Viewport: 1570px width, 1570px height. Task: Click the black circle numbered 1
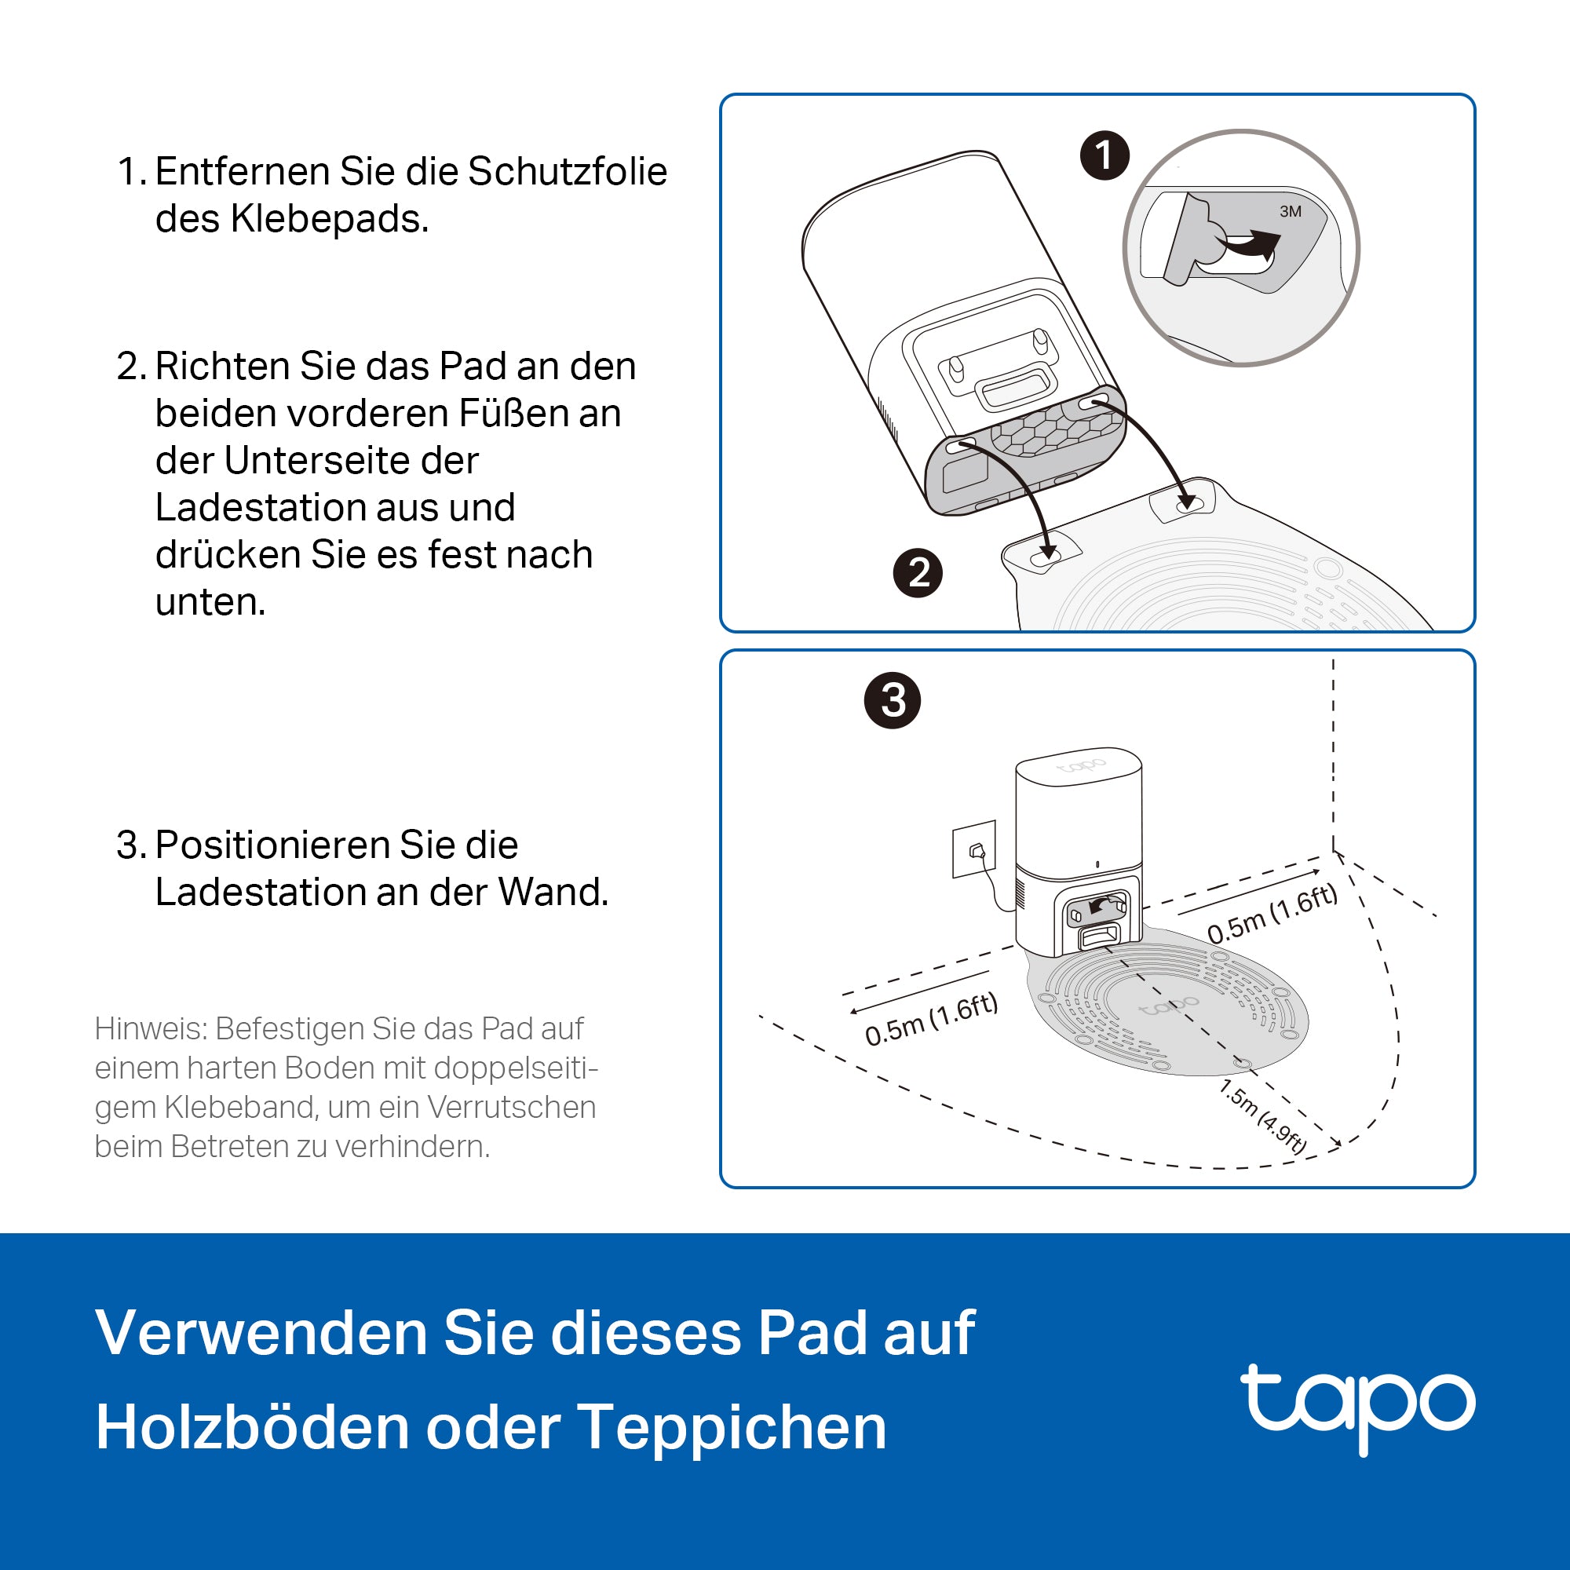1104,155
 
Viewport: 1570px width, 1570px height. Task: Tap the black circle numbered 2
918,574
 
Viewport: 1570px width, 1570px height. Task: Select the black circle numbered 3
893,700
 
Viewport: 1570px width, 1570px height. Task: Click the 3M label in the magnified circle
1290,212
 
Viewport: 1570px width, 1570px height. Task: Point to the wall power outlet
974,850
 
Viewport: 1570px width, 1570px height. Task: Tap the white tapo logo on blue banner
1357,1406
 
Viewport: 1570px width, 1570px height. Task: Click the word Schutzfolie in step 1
568,171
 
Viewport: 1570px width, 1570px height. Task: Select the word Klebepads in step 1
329,218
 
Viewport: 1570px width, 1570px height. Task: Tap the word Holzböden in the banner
253,1428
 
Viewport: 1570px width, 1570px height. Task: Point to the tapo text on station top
1080,765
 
